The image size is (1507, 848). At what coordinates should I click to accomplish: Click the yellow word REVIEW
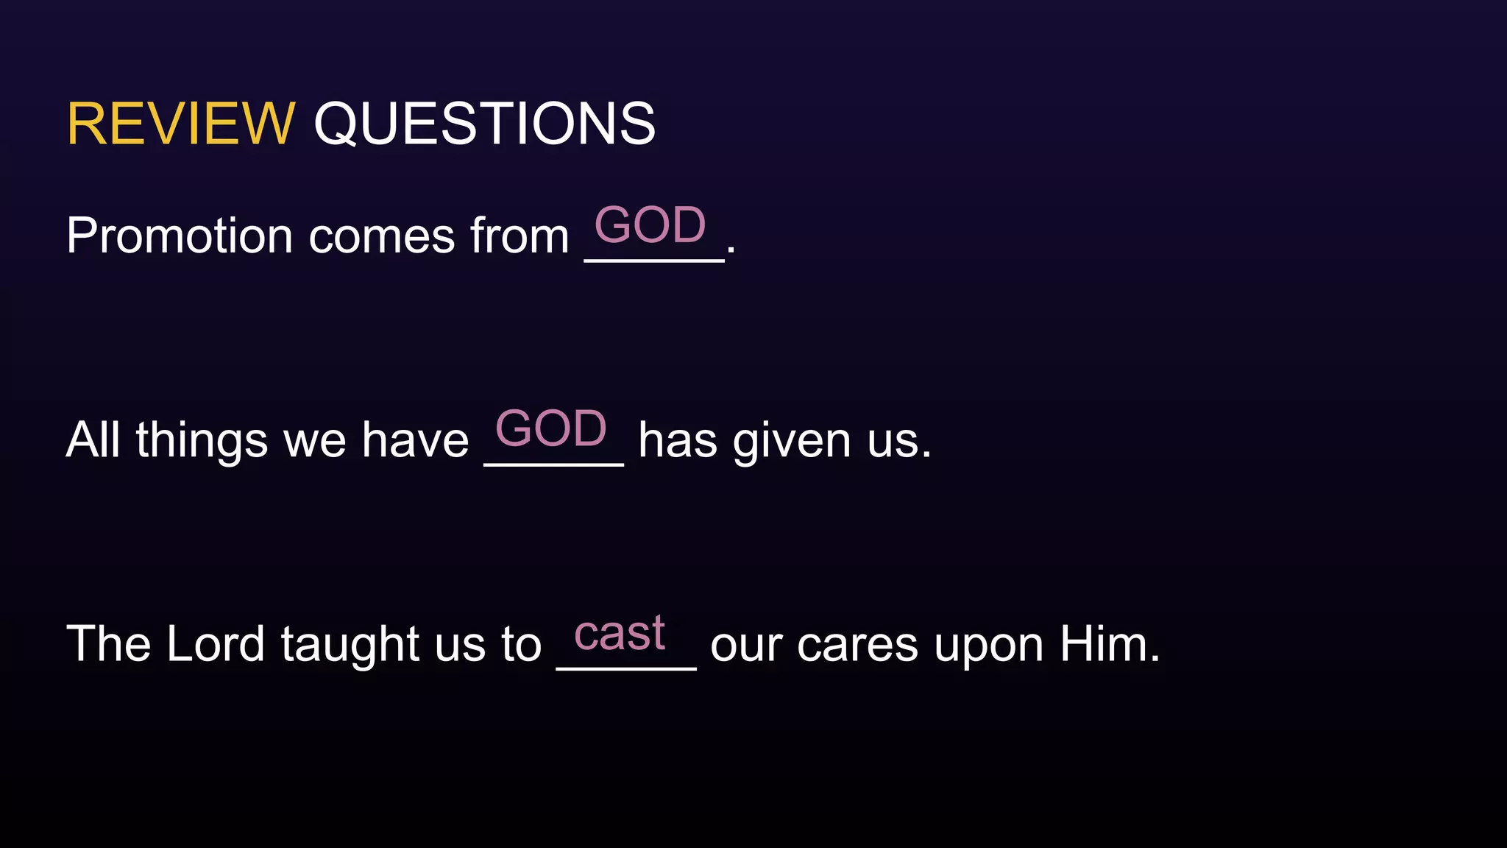[x=180, y=124]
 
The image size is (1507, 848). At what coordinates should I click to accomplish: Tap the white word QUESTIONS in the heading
[x=484, y=124]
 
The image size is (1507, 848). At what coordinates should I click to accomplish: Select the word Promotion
[x=180, y=236]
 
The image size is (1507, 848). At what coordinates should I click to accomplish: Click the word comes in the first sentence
[x=381, y=238]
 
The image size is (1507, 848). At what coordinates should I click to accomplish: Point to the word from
[x=520, y=236]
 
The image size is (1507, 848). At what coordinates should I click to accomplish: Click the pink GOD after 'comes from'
[x=650, y=225]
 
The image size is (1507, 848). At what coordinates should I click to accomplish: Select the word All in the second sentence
[x=93, y=439]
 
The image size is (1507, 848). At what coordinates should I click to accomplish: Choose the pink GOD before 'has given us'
[x=551, y=428]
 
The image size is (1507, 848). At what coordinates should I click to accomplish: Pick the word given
[x=791, y=442]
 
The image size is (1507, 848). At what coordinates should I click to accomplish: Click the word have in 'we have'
[x=415, y=440]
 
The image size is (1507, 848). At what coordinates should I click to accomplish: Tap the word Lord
[x=215, y=643]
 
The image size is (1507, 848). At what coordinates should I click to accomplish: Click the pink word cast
[x=619, y=633]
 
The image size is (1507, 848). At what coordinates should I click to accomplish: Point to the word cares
[x=857, y=646]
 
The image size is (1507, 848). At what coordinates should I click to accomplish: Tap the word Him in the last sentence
[x=1109, y=643]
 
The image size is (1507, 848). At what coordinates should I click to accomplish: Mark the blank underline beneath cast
[x=626, y=668]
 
